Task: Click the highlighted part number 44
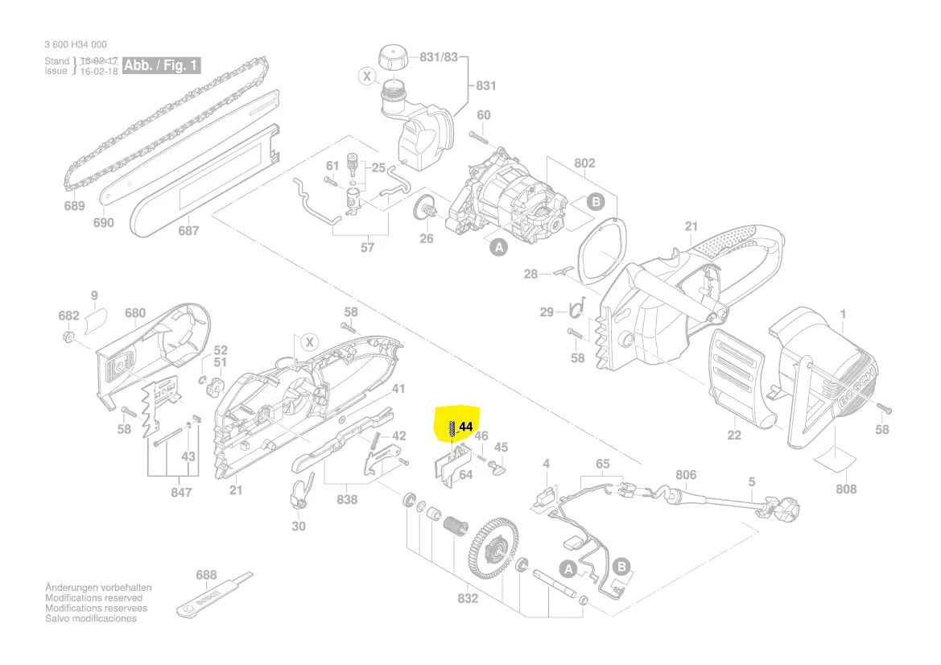(465, 427)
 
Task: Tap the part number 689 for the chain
(74, 206)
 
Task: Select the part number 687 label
(188, 231)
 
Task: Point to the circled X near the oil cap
(367, 77)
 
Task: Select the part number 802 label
(584, 163)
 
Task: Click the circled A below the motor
(499, 248)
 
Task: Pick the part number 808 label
(846, 489)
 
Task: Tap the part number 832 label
(468, 598)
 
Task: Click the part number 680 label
(135, 313)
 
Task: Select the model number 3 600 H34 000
(76, 45)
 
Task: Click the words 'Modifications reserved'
(93, 598)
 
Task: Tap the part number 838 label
(347, 500)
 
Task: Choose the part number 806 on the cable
(685, 476)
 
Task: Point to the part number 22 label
(733, 436)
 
